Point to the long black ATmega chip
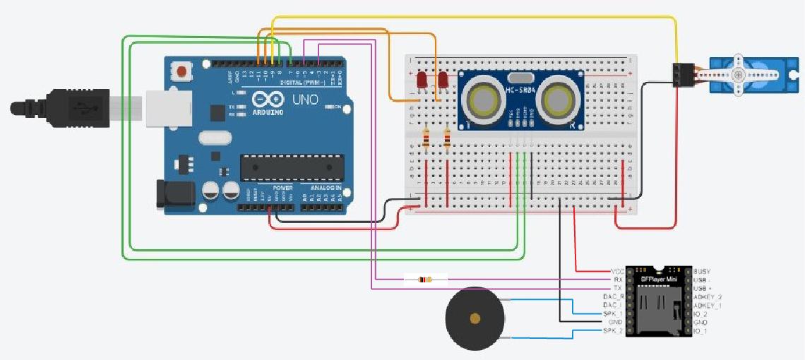pos(292,167)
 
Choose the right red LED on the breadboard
pos(443,79)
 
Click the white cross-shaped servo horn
pos(739,74)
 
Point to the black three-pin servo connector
pos(681,75)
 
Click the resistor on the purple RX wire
pos(425,280)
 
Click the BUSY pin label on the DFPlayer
pos(703,271)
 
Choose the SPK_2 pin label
pos(614,331)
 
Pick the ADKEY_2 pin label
pos(708,297)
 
